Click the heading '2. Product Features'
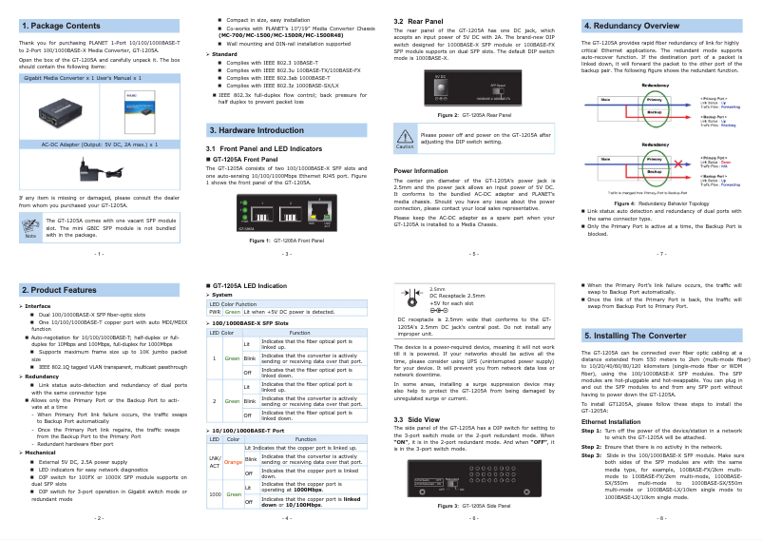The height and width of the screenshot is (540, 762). [58, 289]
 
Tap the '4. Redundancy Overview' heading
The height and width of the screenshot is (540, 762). [631, 26]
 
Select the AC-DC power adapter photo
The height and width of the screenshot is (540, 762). [97, 169]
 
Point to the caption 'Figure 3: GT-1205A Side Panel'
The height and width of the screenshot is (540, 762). [472, 506]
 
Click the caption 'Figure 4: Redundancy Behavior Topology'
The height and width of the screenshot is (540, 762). [660, 203]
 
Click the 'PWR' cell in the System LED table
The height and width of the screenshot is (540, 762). [215, 311]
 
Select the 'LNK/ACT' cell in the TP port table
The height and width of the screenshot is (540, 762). [215, 462]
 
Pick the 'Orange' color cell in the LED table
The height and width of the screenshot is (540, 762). [233, 462]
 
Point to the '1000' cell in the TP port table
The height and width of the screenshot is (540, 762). [215, 494]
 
